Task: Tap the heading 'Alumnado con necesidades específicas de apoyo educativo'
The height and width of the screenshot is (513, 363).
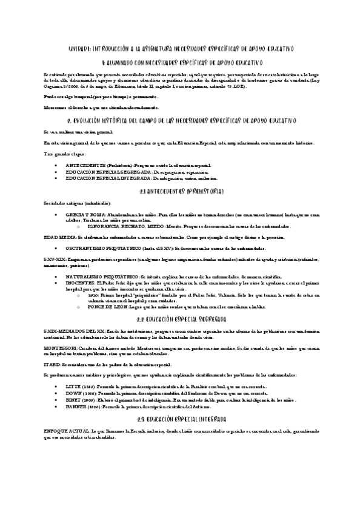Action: click(181, 62)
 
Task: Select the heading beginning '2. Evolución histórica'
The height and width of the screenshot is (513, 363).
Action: click(181, 120)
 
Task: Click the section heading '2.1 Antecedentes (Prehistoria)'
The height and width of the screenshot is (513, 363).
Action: click(181, 191)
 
